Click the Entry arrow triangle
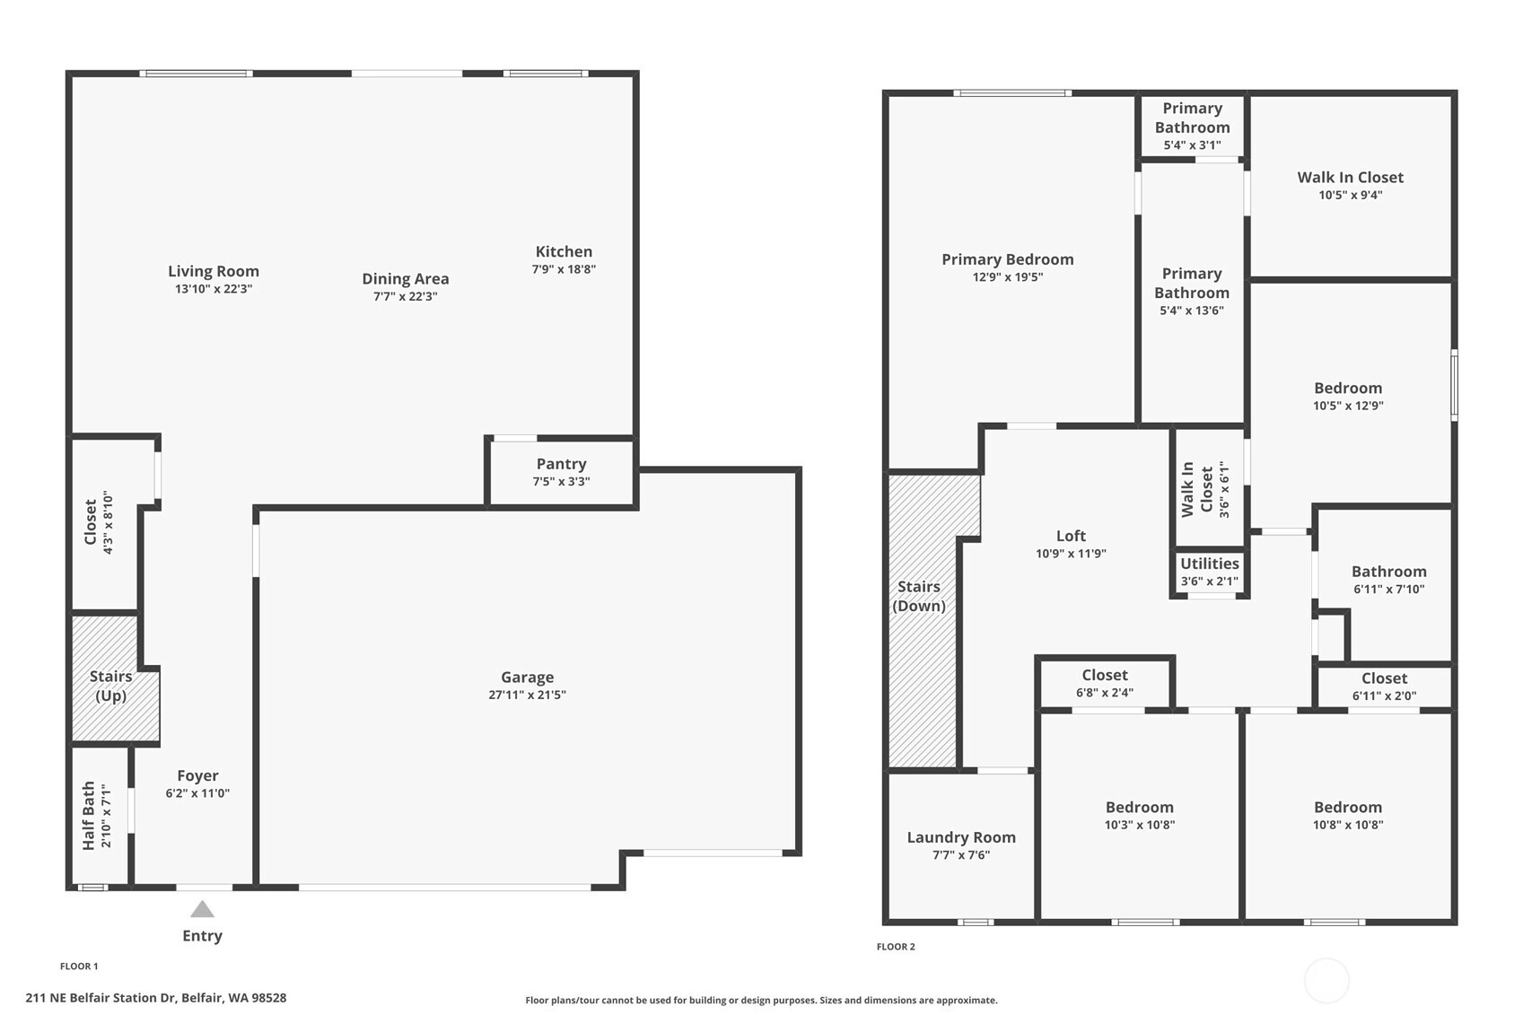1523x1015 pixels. pyautogui.click(x=202, y=909)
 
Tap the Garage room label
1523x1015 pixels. pyautogui.click(x=527, y=678)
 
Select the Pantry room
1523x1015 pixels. pyautogui.click(x=562, y=472)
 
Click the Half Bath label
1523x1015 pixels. pyautogui.click(x=88, y=815)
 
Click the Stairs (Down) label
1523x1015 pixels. pyautogui.click(x=919, y=596)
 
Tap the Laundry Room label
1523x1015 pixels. pyautogui.click(x=960, y=837)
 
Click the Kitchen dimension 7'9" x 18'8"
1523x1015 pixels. pyautogui.click(x=564, y=269)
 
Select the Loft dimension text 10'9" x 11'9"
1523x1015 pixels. pyautogui.click(x=1071, y=554)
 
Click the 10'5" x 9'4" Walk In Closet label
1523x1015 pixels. pyautogui.click(x=1351, y=178)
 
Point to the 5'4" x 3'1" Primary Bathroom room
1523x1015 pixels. pyautogui.click(x=1192, y=127)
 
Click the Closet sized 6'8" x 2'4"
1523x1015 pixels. pyautogui.click(x=1104, y=683)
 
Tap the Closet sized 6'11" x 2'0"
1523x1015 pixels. pyautogui.click(x=1384, y=687)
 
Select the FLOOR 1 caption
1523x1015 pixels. pyautogui.click(x=79, y=966)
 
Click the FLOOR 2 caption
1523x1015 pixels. pyautogui.click(x=896, y=946)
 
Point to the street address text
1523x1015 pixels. pyautogui.click(x=155, y=998)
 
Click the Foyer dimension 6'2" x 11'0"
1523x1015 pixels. pyautogui.click(x=197, y=793)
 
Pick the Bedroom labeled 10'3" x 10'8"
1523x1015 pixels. pyautogui.click(x=1140, y=815)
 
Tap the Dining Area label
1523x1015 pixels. pyautogui.click(x=406, y=279)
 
